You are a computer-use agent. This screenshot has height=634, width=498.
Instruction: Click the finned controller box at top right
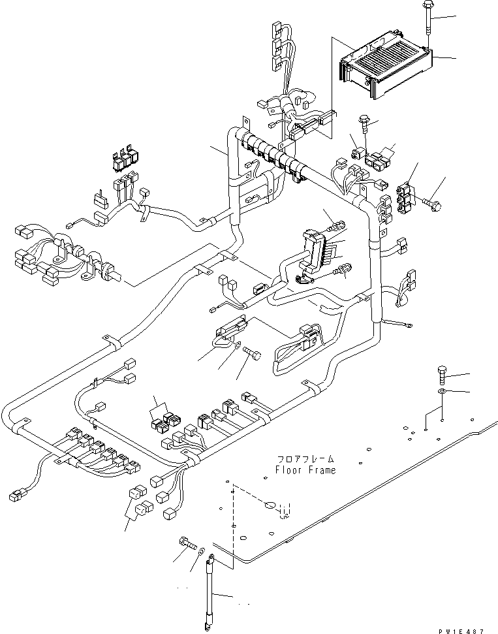pyautogui.click(x=384, y=68)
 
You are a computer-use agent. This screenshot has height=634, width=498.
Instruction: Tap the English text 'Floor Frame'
pyautogui.click(x=305, y=470)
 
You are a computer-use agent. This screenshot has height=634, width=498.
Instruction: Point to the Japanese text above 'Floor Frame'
pyautogui.click(x=305, y=459)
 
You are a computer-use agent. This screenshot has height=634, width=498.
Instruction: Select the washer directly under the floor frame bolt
pyautogui.click(x=442, y=391)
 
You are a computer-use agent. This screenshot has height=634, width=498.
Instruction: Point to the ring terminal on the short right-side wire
pyautogui.click(x=408, y=321)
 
